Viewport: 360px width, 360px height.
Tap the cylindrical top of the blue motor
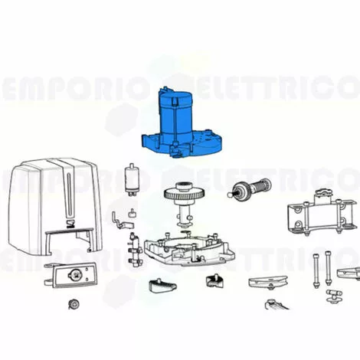(178, 103)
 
